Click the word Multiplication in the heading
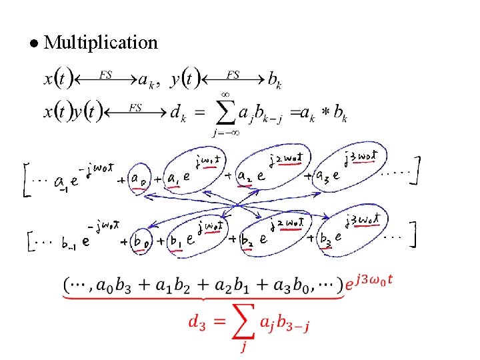point(101,43)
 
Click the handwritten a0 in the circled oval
point(139,179)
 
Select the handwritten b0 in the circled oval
point(140,241)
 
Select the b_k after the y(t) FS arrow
point(274,81)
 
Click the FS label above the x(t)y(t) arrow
point(135,106)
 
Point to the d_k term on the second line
point(178,114)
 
